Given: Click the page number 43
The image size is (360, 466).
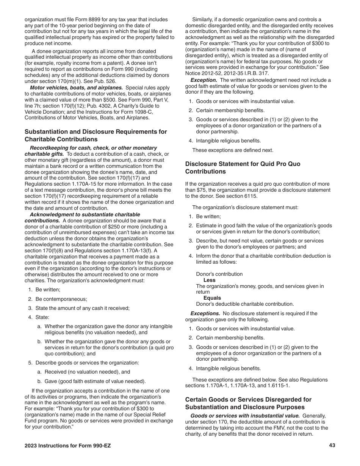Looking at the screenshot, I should tap(332, 446).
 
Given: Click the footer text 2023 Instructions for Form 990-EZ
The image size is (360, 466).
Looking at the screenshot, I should tap(68, 446).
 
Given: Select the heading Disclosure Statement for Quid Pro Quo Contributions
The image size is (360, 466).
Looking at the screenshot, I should tap(243, 168).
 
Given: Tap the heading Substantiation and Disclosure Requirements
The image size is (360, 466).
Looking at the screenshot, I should tap(95, 135).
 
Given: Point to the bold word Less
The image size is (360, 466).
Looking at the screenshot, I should tap(209, 280).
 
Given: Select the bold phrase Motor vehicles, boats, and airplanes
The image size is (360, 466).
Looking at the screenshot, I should tap(76, 88).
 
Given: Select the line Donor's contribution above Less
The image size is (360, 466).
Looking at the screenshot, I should tap(219, 274).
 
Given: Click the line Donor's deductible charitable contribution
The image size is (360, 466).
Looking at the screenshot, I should tap(245, 304).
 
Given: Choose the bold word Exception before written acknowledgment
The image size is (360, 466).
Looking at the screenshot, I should tap(203, 80).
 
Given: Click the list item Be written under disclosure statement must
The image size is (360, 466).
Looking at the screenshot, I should tap(208, 217).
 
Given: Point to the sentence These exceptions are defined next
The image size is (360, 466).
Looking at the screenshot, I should tap(232, 150).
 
